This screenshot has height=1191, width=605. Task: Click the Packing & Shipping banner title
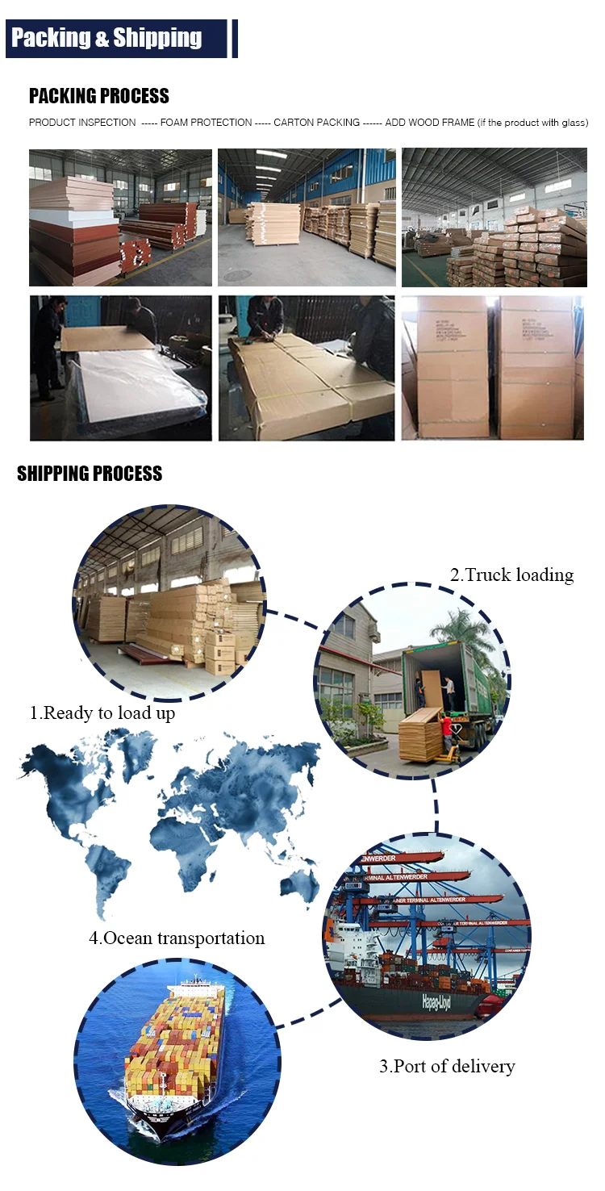tap(106, 38)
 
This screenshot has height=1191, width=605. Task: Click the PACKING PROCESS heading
tap(99, 96)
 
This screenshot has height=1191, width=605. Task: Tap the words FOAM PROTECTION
tap(207, 123)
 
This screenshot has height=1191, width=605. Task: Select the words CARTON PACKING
tap(316, 123)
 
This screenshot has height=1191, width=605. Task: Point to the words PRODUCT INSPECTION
tap(82, 123)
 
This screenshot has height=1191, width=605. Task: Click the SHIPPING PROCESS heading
tap(90, 474)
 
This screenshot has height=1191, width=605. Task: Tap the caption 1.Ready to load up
tap(102, 713)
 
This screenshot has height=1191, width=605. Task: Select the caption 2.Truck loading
tap(511, 575)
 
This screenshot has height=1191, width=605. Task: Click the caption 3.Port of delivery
tap(447, 1066)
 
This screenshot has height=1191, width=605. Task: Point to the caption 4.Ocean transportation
tap(177, 938)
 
